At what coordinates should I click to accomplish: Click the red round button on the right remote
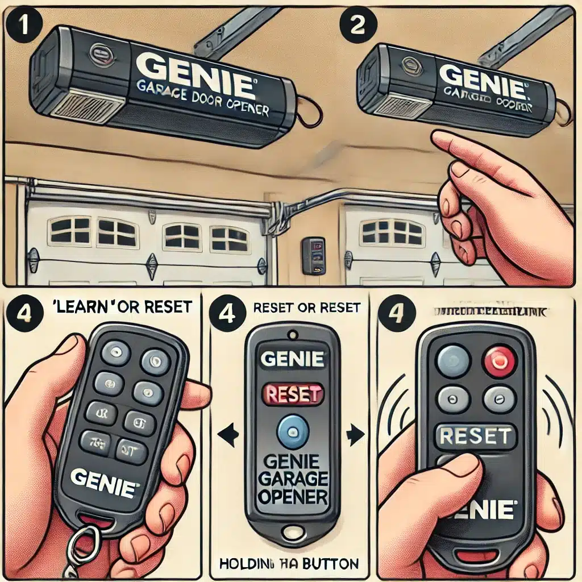[498, 360]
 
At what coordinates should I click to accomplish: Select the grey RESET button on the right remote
[475, 436]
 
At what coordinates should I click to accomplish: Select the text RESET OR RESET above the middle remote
[307, 307]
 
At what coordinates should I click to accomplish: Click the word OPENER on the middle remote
[292, 497]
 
